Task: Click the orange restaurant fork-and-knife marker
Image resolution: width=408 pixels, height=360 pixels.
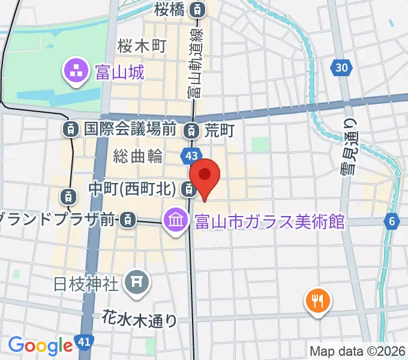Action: (x=317, y=300)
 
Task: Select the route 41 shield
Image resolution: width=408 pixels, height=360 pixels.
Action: (x=85, y=343)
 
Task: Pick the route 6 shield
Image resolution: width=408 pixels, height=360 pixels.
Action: (x=392, y=222)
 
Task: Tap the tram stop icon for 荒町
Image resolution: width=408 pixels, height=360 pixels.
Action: (x=191, y=128)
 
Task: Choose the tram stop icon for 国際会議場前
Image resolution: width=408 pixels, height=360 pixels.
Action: (x=71, y=128)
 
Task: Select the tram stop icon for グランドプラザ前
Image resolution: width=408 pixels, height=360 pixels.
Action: (x=127, y=220)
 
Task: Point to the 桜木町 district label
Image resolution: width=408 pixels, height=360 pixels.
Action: (x=142, y=44)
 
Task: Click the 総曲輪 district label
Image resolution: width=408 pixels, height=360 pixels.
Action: (x=138, y=157)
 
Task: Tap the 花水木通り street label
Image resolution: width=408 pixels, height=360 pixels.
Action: (x=140, y=318)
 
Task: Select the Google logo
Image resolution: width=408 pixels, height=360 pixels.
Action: (x=40, y=345)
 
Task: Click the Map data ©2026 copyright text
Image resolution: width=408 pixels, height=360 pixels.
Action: (x=358, y=350)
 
